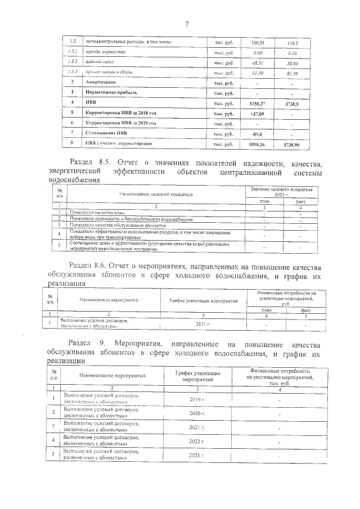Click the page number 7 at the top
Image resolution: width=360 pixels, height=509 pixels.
[186, 24]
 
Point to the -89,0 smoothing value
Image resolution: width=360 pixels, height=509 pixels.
[256, 134]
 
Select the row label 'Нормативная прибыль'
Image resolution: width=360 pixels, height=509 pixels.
[110, 93]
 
